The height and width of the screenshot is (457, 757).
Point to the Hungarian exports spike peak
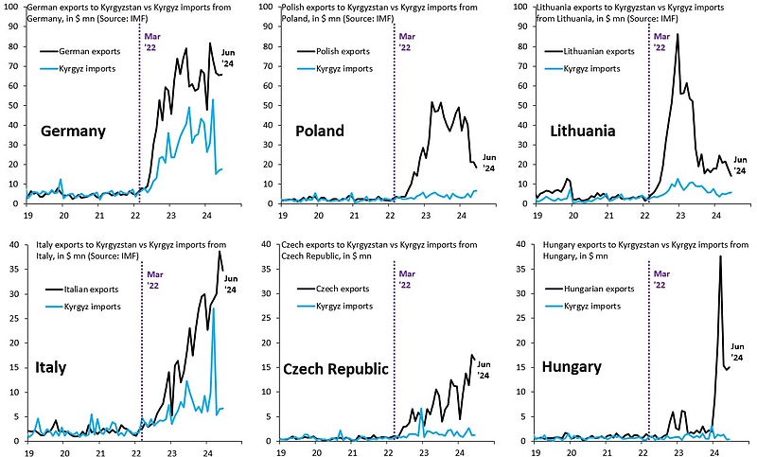[720, 256]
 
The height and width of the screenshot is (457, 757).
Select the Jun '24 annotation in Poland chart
[488, 164]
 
